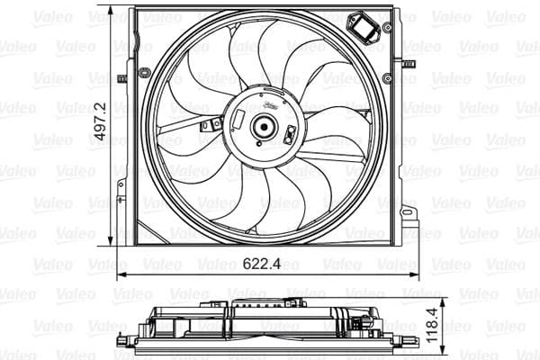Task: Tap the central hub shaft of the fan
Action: [263, 127]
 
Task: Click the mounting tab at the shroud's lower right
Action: [409, 216]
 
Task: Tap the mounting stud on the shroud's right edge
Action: [408, 64]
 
